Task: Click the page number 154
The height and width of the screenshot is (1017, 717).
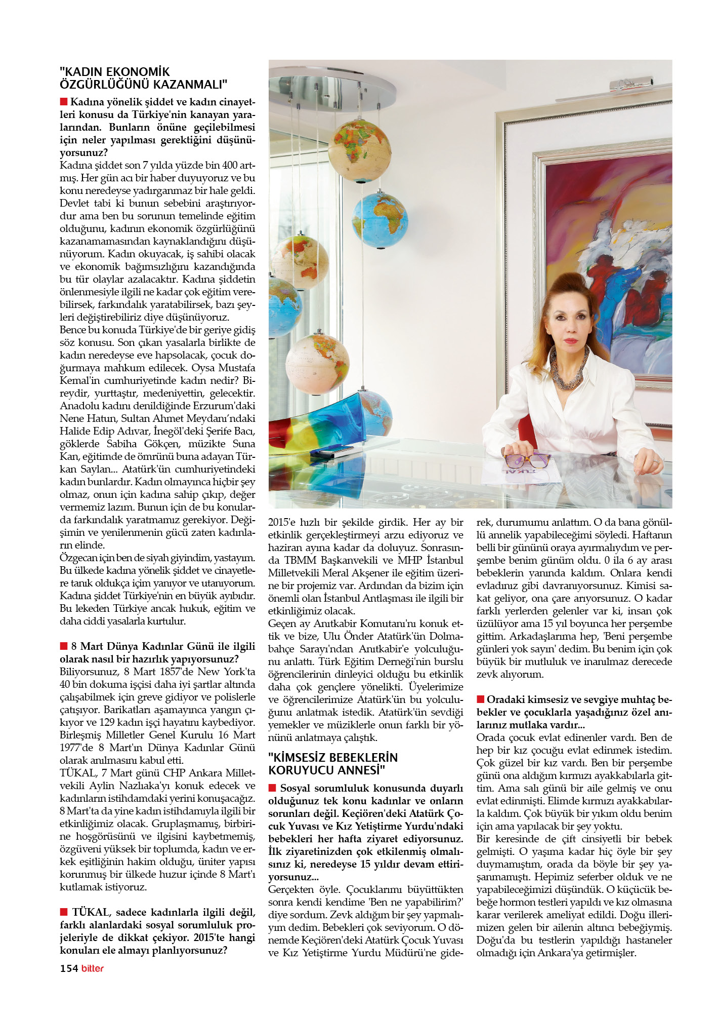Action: [x=69, y=968]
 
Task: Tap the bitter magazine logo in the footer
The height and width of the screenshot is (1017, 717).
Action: [x=92, y=968]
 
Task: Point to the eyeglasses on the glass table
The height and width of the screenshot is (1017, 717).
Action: [x=526, y=460]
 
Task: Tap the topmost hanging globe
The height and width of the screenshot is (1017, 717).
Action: [x=359, y=150]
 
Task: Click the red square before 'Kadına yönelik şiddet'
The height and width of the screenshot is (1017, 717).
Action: [x=64, y=102]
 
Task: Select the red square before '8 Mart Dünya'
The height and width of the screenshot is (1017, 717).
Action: [x=64, y=646]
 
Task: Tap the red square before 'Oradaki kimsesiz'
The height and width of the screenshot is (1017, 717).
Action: [x=481, y=699]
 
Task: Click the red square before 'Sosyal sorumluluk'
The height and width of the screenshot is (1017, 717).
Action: [x=272, y=788]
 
